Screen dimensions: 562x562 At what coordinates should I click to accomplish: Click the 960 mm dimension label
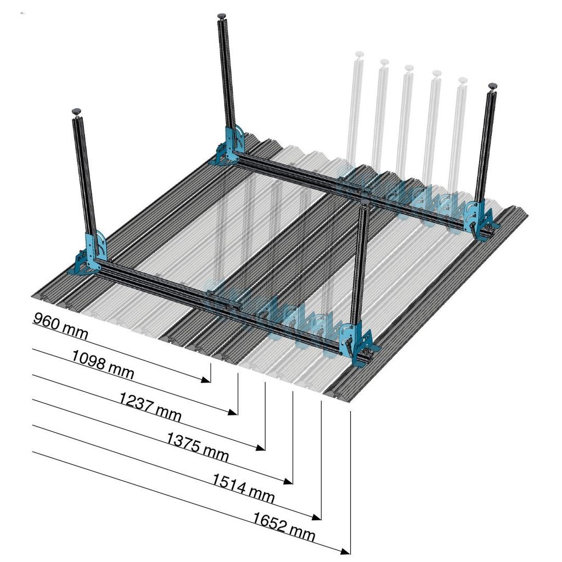pos(60,325)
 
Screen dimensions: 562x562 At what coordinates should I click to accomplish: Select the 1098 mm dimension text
pos(103,364)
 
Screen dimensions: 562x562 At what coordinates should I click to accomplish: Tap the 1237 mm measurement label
pos(150,407)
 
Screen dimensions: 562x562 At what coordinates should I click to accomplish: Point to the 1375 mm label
pos(198,447)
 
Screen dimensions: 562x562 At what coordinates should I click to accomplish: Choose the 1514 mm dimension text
pos(244,488)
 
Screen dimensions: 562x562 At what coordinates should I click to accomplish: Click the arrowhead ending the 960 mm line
pos(206,380)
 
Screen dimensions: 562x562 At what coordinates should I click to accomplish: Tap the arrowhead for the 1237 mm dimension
pos(261,447)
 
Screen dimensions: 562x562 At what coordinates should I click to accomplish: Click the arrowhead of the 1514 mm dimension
pos(316,516)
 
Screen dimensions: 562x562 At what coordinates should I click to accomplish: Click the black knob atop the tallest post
pos(222,16)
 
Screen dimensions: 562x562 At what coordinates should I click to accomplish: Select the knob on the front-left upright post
pos(76,111)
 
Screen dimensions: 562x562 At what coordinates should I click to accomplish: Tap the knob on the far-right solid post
pos(492,86)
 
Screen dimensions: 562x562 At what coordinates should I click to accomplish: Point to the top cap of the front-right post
pos(365,203)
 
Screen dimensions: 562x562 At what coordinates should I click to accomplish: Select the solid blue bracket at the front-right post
pos(358,344)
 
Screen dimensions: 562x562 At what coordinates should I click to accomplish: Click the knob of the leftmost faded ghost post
pos(359,54)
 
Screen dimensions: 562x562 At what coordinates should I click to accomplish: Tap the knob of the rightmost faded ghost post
pos(462,80)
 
